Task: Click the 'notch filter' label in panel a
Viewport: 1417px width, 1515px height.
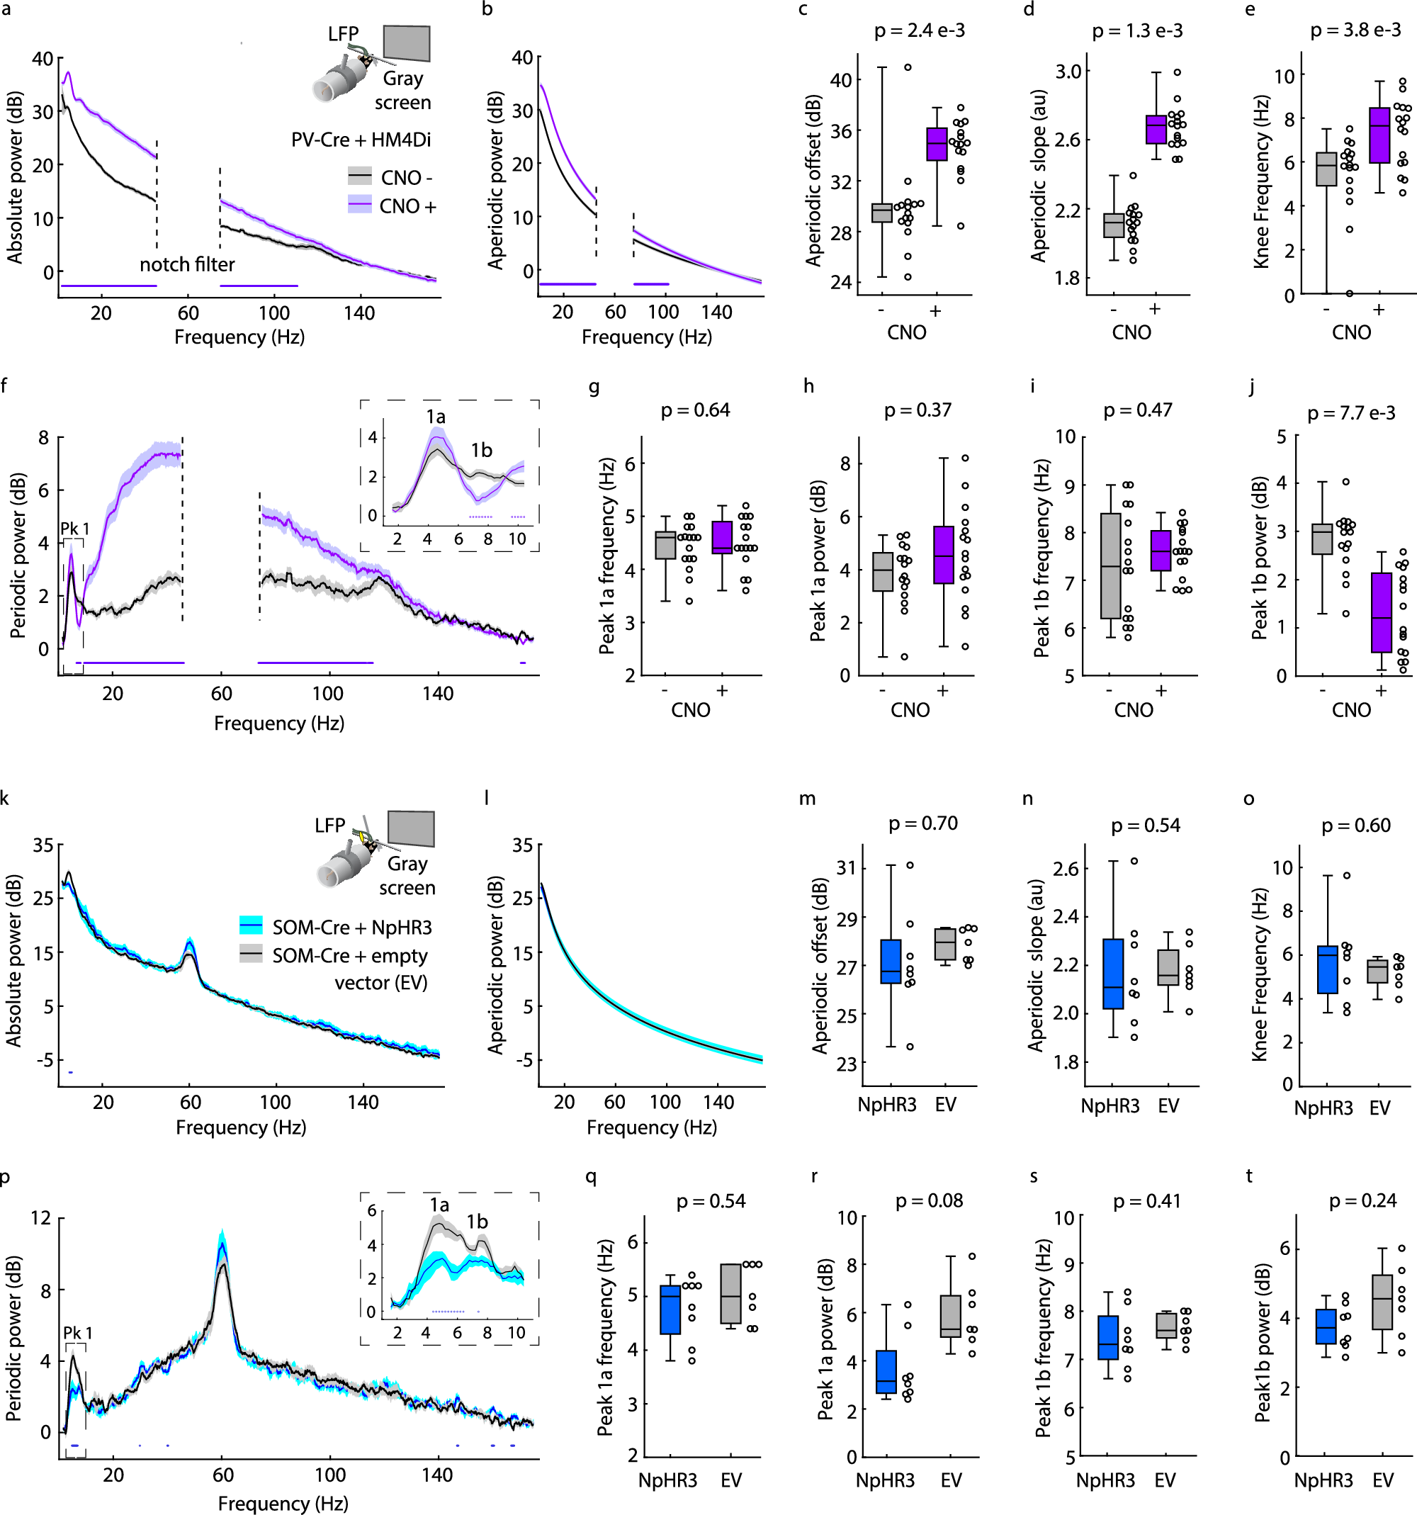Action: point(186,264)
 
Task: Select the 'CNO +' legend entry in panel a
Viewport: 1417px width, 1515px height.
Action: point(407,206)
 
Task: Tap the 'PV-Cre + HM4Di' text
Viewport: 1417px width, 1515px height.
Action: point(361,140)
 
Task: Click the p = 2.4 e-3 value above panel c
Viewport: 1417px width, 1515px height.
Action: point(919,30)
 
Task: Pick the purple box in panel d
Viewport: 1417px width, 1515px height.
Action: point(1156,130)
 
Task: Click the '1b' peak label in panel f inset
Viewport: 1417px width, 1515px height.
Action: point(480,451)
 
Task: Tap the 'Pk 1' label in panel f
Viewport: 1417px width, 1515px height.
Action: point(74,529)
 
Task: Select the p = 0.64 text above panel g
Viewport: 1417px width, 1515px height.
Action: point(695,410)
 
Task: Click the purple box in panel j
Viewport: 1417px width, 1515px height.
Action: point(1381,613)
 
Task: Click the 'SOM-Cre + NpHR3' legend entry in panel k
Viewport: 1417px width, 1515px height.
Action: point(351,928)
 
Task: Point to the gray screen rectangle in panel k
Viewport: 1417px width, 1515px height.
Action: point(411,829)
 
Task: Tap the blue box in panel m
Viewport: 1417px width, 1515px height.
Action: point(890,962)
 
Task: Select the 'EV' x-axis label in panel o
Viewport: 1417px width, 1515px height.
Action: point(1379,1108)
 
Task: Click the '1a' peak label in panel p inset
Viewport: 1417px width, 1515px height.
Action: point(439,1205)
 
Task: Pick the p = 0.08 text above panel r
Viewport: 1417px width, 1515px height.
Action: point(929,1201)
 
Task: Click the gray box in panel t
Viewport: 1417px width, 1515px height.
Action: point(1381,1302)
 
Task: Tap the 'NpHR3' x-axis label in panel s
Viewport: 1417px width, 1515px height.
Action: point(1105,1480)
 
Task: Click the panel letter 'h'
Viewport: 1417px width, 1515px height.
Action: point(808,386)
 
